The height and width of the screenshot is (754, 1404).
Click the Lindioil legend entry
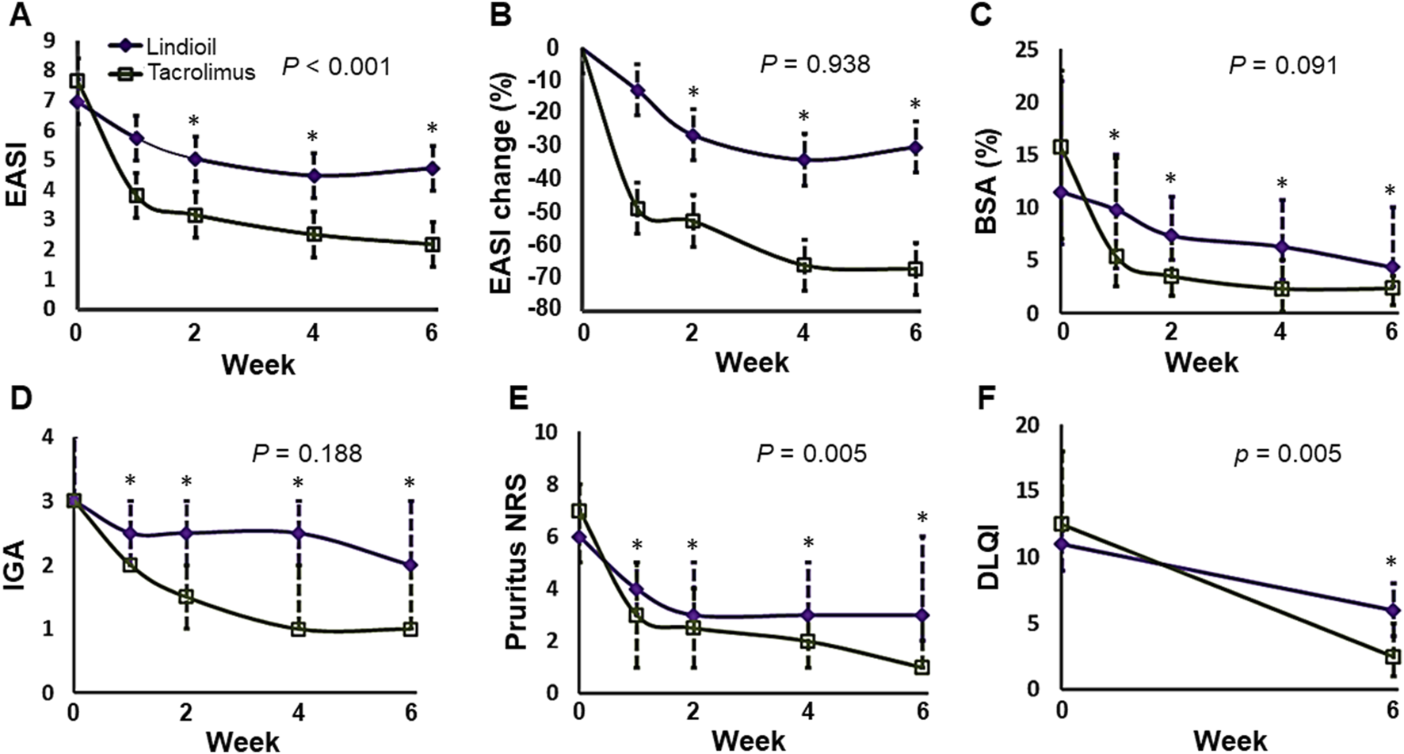coord(181,46)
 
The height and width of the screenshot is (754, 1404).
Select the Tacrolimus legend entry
coord(200,73)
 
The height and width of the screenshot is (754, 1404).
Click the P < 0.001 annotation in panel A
coord(337,67)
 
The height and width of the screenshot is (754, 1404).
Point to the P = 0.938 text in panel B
coord(815,63)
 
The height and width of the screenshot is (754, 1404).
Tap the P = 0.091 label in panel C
coord(1283,64)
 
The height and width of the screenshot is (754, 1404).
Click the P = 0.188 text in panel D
coord(307,454)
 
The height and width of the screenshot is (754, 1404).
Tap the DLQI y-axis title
coord(988,558)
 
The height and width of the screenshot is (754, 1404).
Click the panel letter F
coord(986,398)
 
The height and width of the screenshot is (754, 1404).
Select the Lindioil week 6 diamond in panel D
coord(410,565)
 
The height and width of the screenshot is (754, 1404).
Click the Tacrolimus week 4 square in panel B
coord(804,265)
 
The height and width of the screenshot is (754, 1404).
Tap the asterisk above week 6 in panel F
coord(1392,563)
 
